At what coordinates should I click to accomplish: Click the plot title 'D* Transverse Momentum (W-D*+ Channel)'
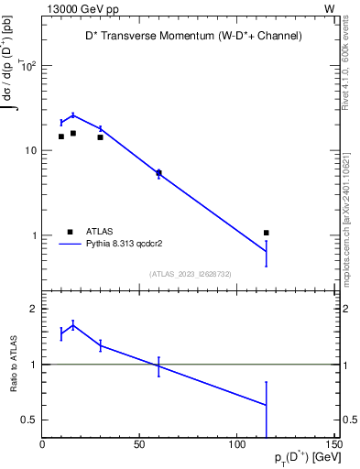click(189, 36)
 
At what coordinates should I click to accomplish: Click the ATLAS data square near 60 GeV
click(158, 172)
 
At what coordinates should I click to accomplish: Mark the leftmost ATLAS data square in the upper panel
click(61, 136)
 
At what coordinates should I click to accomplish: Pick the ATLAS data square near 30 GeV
click(100, 137)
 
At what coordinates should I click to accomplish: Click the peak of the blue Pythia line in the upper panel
click(73, 115)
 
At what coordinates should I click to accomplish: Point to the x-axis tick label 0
click(43, 445)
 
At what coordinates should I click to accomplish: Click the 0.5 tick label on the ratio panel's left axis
click(29, 420)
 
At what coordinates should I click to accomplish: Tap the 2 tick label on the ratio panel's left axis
click(33, 309)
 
